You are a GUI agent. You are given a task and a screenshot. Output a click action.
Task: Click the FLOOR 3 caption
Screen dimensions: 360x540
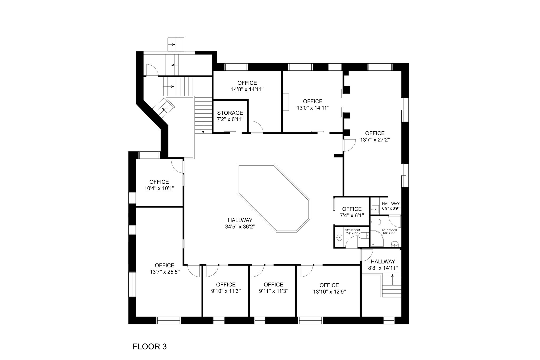150,346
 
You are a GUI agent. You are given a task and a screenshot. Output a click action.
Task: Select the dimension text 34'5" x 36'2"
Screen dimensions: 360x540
240,227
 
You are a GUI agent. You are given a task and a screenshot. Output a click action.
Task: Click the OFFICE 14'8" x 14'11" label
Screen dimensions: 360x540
247,86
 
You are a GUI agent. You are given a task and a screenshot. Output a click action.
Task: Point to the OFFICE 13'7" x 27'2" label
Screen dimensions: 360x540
375,136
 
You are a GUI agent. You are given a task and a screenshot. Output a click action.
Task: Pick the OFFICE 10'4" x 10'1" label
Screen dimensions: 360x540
159,185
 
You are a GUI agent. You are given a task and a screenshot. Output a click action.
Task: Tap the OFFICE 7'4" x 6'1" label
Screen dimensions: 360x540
352,212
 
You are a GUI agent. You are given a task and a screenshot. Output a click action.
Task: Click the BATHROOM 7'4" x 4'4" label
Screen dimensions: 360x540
352,232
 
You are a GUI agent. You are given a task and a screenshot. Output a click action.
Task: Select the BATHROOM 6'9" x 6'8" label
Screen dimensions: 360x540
389,231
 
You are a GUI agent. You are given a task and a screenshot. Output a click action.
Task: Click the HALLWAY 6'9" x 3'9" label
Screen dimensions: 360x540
390,206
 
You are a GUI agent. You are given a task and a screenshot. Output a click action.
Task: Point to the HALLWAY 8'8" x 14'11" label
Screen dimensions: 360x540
383,265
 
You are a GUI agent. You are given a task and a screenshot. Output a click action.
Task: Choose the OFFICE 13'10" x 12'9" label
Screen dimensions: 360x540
329,288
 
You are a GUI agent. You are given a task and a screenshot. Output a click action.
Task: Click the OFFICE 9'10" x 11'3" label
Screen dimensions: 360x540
226,288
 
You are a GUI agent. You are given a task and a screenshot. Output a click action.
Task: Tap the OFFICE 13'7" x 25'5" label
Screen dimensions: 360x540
165,268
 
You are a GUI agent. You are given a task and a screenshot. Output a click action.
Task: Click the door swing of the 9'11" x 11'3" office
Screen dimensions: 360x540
257,271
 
